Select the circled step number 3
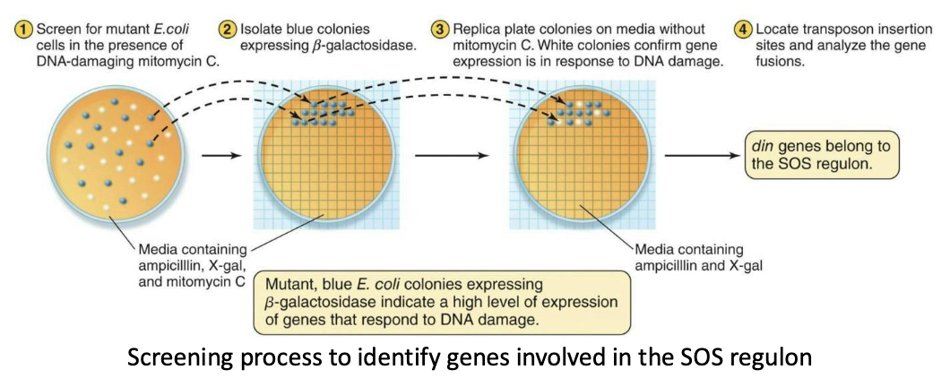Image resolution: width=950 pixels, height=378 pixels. pyautogui.click(x=440, y=30)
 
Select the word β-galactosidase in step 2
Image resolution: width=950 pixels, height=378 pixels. pyautogui.click(x=364, y=47)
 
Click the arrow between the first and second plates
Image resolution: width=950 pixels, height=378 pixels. pyautogui.click(x=220, y=156)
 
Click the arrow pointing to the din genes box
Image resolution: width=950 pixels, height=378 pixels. pyautogui.click(x=704, y=156)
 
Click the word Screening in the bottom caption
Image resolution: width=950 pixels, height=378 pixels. pyautogui.click(x=182, y=357)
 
